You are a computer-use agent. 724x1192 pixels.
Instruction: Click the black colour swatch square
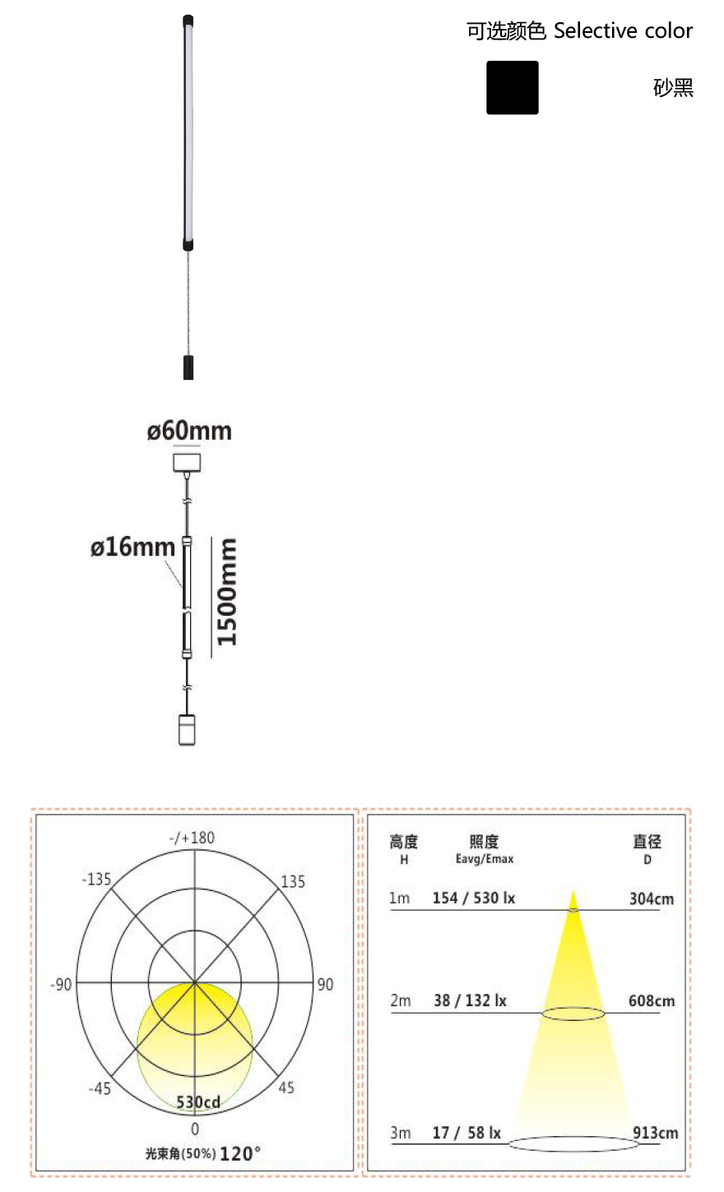click(512, 87)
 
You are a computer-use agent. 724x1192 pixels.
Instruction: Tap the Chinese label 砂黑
click(673, 88)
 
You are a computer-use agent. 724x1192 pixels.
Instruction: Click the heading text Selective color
click(623, 31)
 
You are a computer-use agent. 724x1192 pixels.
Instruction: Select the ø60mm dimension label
click(189, 431)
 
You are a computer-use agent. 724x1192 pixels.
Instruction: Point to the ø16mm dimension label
click(132, 547)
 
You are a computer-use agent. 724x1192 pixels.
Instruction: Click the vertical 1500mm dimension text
click(226, 592)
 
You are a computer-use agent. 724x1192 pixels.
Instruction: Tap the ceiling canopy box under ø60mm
click(187, 463)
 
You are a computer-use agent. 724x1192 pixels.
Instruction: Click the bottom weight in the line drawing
click(187, 729)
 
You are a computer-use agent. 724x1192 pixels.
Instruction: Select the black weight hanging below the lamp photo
click(188, 367)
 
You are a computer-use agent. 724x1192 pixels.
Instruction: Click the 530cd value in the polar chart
click(198, 1102)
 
